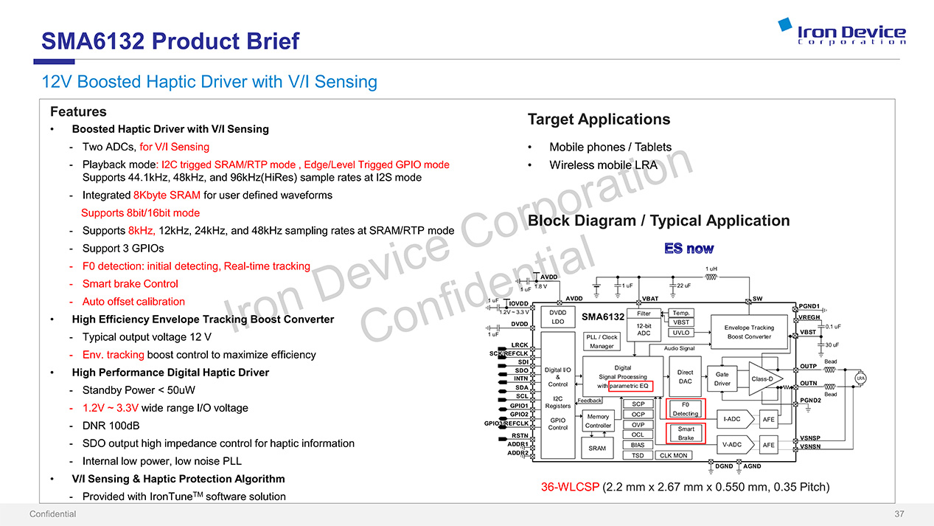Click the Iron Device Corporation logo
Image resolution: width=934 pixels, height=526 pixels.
tap(841, 32)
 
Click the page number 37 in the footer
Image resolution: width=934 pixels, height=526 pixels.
tap(899, 514)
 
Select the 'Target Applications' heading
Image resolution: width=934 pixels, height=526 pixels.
tap(599, 120)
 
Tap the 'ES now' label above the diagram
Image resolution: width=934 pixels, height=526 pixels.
tap(689, 249)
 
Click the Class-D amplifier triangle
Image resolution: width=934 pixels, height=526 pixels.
tap(764, 378)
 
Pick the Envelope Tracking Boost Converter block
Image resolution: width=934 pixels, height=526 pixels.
tap(748, 332)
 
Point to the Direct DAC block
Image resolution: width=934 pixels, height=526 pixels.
tap(685, 377)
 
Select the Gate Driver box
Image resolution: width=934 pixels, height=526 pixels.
tap(722, 378)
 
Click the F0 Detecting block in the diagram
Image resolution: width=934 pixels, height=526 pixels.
tap(686, 409)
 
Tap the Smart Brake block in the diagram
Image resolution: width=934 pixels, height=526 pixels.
tap(686, 433)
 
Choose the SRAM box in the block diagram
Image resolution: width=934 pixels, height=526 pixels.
tap(597, 448)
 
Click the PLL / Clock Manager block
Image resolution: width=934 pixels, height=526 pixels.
tap(602, 342)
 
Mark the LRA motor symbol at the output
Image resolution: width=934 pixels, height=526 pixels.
tap(860, 378)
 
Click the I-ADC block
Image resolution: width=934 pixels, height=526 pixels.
tap(732, 419)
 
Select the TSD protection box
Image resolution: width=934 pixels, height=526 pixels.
tap(638, 455)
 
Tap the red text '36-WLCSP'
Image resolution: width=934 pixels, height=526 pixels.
tap(570, 487)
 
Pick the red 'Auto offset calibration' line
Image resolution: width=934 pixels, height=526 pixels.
tap(133, 302)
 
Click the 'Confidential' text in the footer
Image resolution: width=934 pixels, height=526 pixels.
tap(52, 514)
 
